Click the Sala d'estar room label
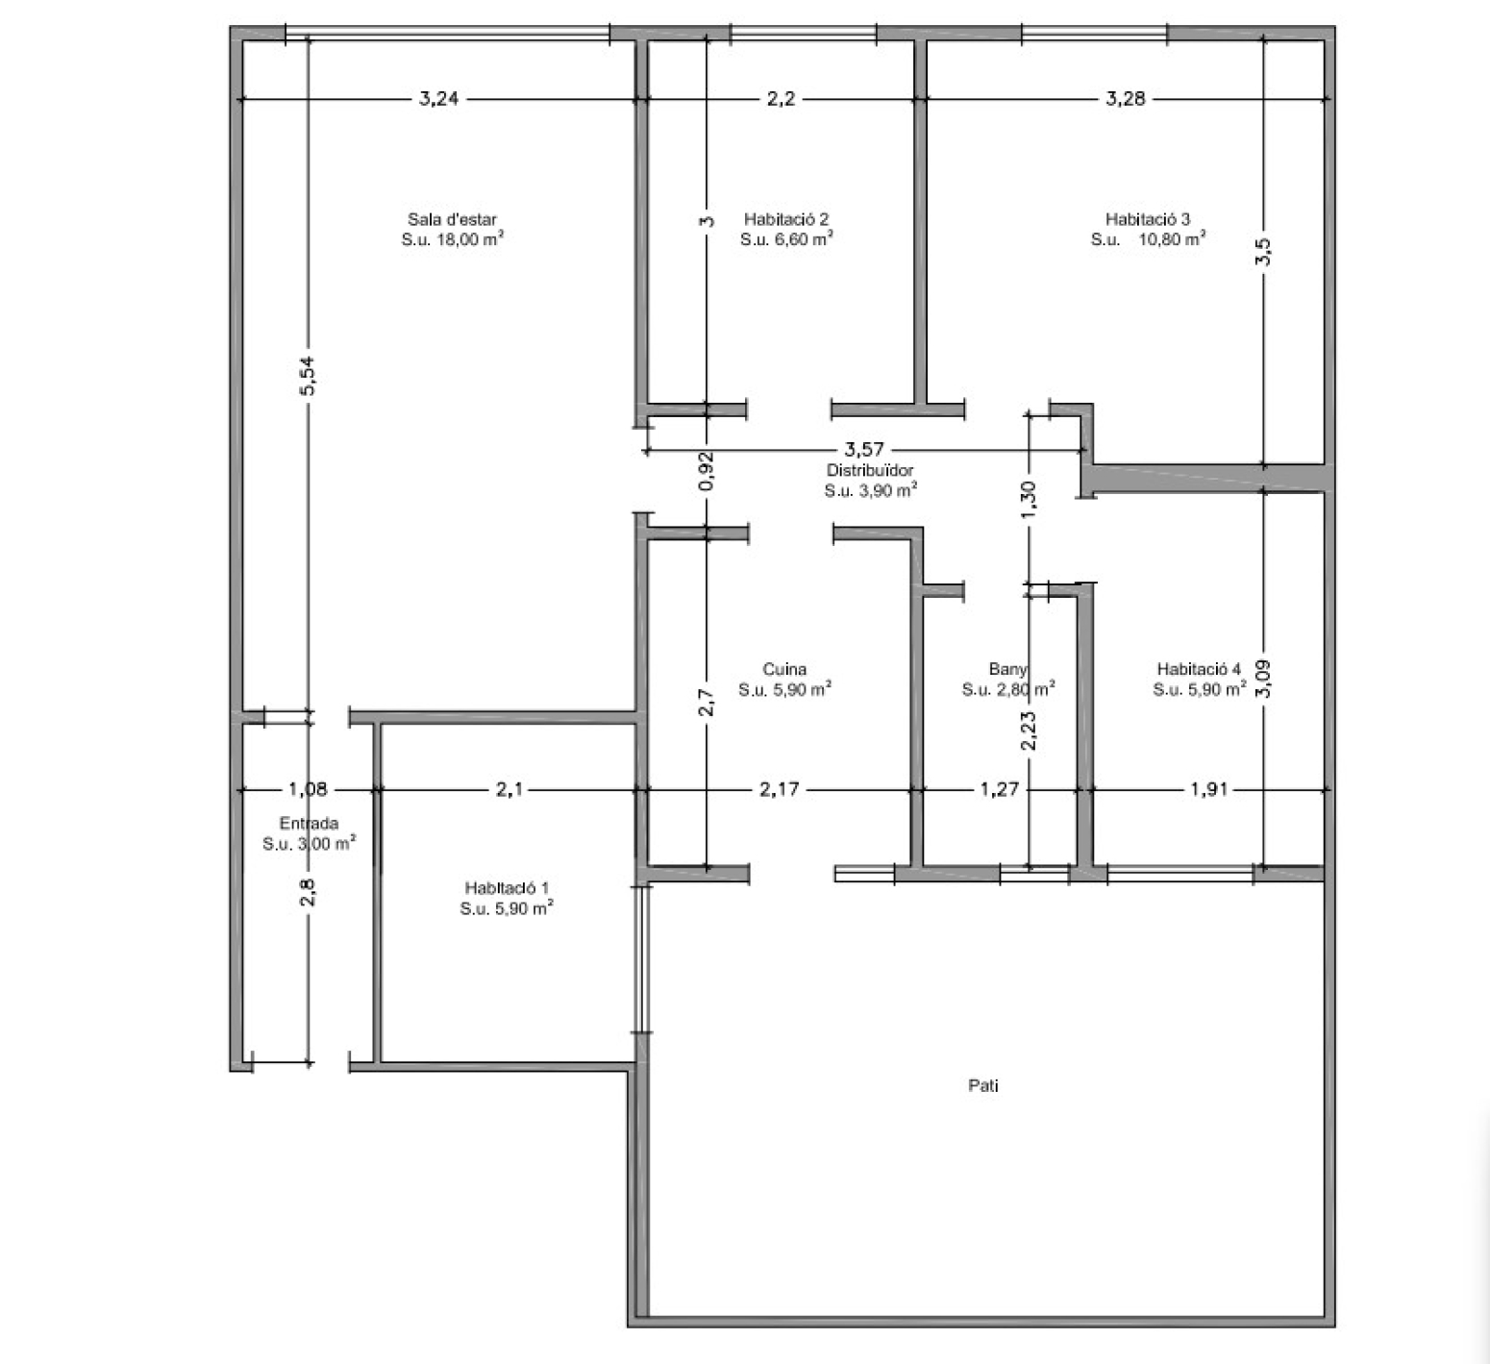[x=452, y=219]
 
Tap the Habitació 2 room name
[x=786, y=219]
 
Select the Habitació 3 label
[x=1148, y=219]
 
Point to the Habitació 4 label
[x=1199, y=669]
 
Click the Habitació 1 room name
[x=507, y=887]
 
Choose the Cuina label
[x=784, y=669]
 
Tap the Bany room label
[x=1007, y=669]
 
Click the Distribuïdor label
[x=870, y=470]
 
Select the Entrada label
[x=309, y=823]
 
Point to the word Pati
[x=982, y=1086]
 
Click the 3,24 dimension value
[x=438, y=98]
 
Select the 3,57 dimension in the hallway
[x=863, y=449]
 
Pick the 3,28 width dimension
[x=1126, y=98]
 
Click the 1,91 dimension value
[x=1209, y=790]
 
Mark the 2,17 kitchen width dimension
[x=779, y=790]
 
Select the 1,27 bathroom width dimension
[x=1000, y=790]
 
